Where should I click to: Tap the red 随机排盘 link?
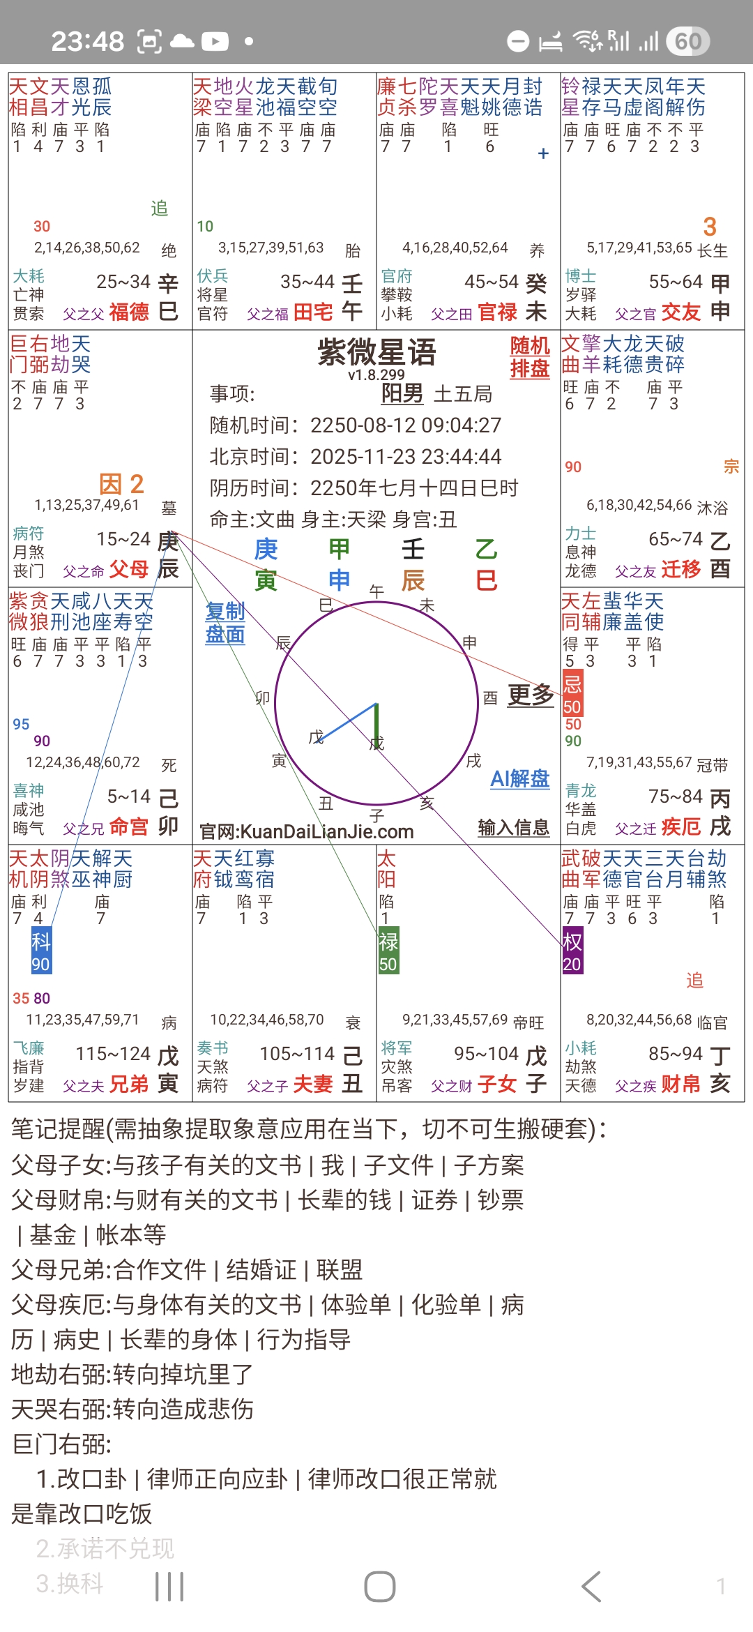click(x=530, y=357)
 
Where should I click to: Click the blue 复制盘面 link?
click(x=225, y=623)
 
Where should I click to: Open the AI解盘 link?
click(x=520, y=778)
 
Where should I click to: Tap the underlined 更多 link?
click(x=531, y=695)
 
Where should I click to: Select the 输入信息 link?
click(x=514, y=827)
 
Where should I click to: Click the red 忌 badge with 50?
click(x=572, y=695)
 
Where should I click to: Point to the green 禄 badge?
click(x=388, y=952)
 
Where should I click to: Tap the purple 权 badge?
click(x=572, y=952)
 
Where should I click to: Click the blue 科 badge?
click(x=41, y=952)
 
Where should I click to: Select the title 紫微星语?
click(x=376, y=352)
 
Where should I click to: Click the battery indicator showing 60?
click(x=687, y=42)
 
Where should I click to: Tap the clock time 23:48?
click(x=88, y=42)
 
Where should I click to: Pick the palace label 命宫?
click(x=128, y=827)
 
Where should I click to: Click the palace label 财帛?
click(x=680, y=1084)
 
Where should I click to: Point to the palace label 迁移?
click(x=680, y=570)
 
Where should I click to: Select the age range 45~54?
click(x=492, y=282)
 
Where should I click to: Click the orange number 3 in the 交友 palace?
click(x=710, y=227)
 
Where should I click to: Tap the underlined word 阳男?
click(x=402, y=394)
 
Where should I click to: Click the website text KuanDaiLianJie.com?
click(x=307, y=831)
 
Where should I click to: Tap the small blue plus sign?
click(x=544, y=153)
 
